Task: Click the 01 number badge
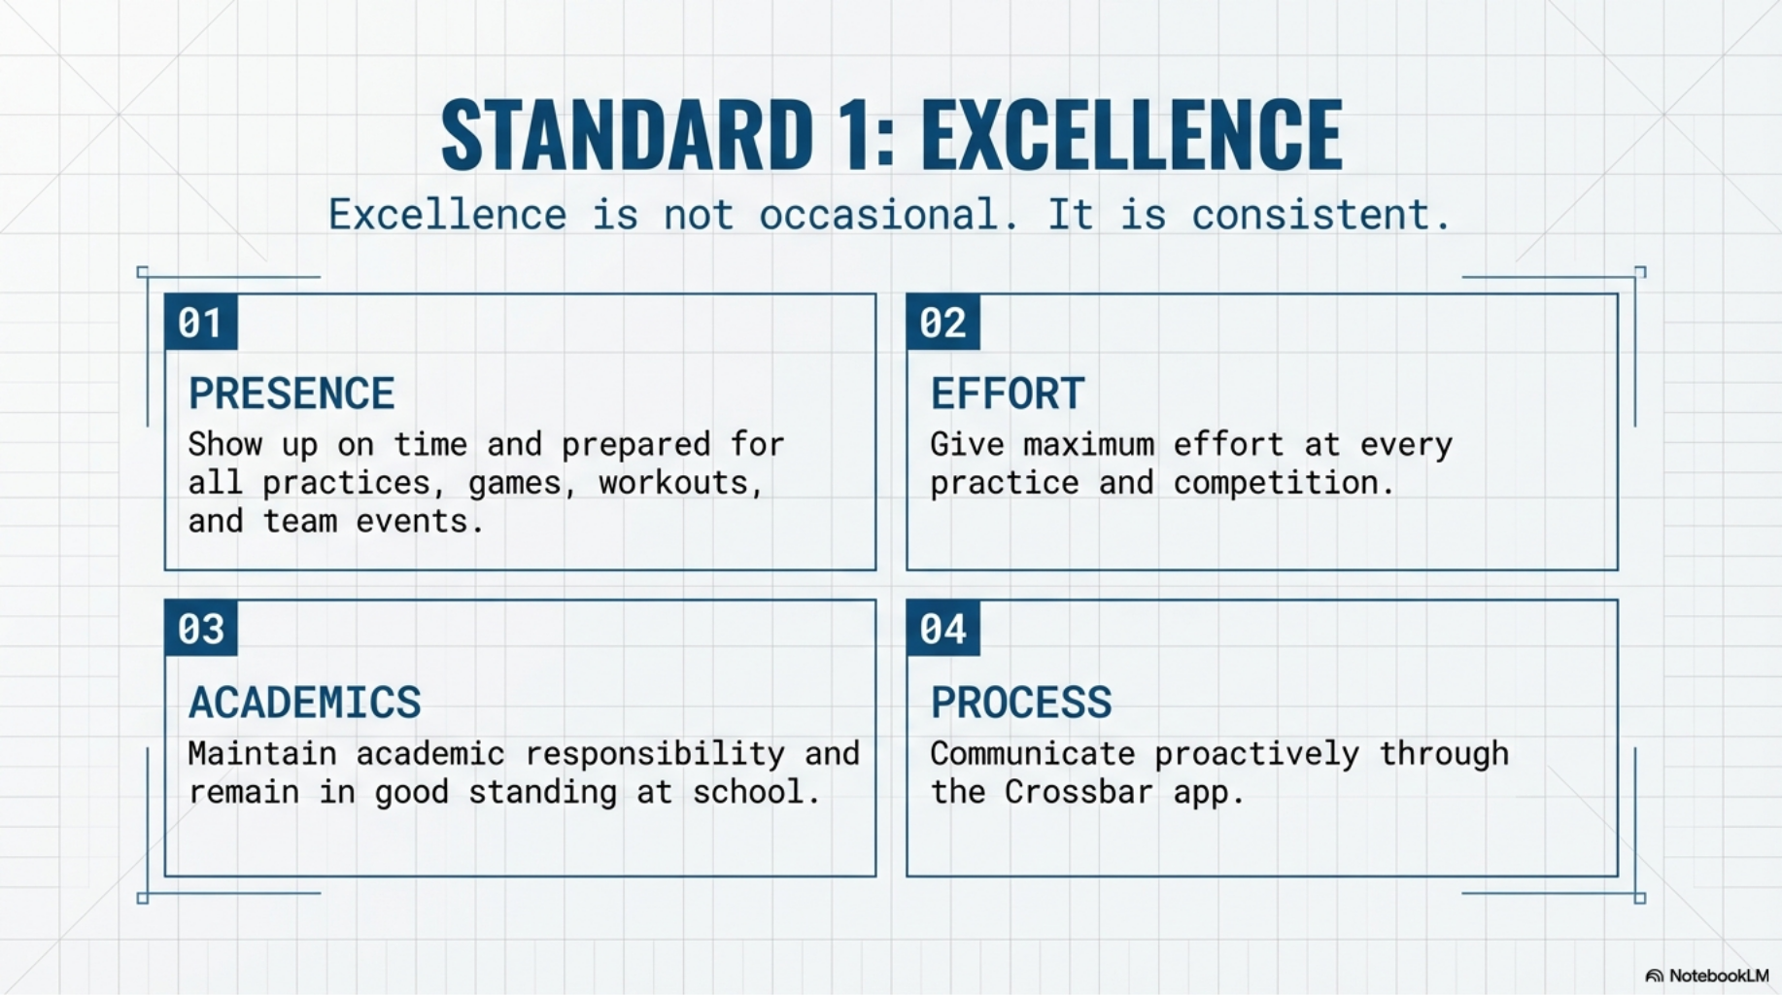201,322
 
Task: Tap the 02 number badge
943,322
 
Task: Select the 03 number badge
201,628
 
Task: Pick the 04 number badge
943,628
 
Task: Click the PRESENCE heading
291,394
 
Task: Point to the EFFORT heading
1008,394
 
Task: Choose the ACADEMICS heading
305,702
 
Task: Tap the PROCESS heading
1021,702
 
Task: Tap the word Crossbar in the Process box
1079,792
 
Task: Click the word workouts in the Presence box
679,483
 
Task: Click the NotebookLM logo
1707,976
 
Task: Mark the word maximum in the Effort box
1088,445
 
